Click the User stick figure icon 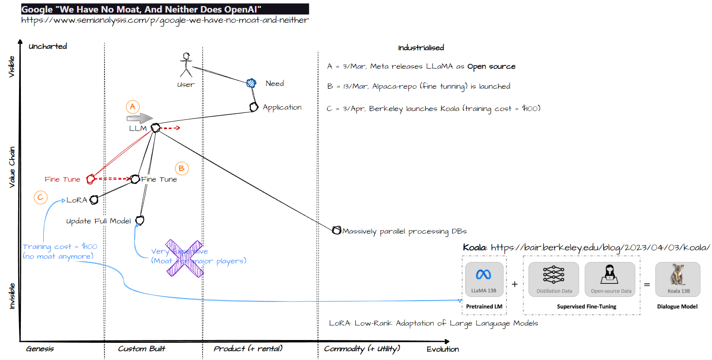187,65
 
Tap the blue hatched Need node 251,83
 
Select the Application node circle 253,107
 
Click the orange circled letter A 133,107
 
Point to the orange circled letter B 182,169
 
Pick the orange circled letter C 40,197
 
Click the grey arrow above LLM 140,118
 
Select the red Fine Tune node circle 91,178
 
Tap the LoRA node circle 94,200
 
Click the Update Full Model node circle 140,220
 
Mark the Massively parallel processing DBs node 337,230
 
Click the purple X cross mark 184,259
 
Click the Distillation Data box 554,279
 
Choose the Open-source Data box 610,279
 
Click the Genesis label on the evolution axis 40,348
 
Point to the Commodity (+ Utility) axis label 362,348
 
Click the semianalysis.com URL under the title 165,20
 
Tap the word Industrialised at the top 421,48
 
